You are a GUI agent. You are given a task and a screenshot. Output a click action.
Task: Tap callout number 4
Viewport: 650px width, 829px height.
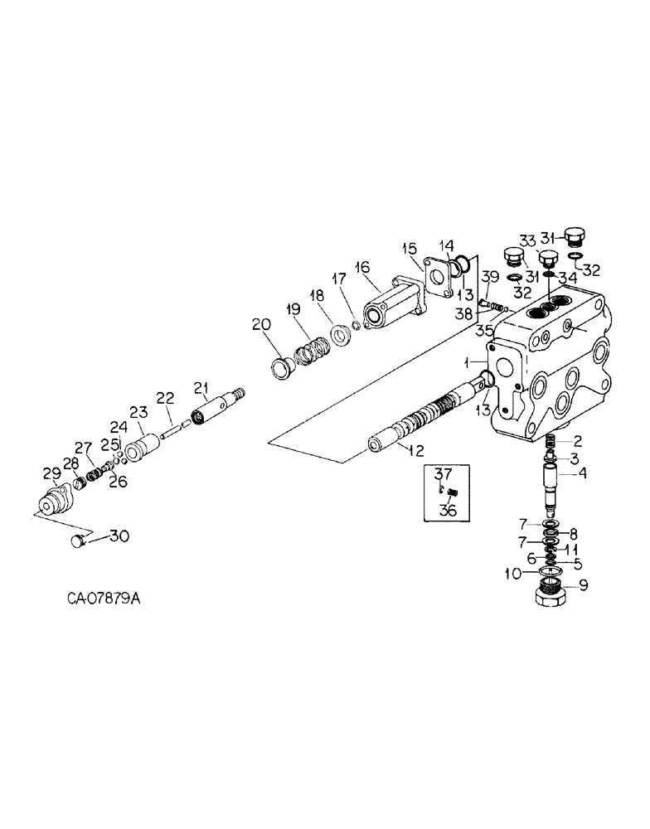click(x=583, y=474)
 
